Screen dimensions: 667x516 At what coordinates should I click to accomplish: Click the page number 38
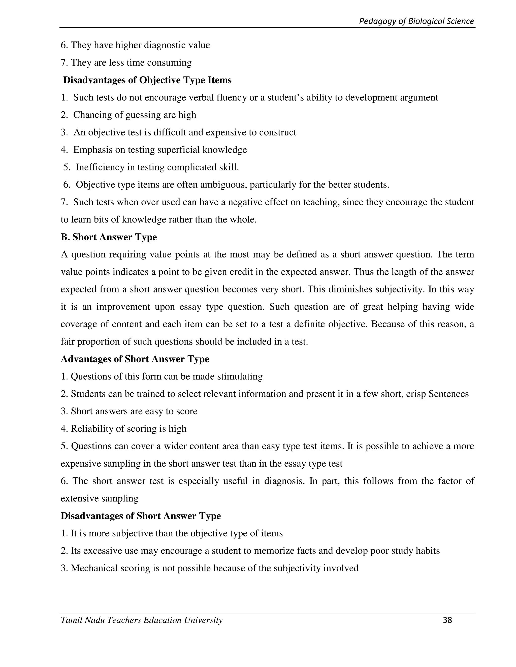click(447, 620)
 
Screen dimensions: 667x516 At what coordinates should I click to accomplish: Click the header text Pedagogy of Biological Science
click(416, 21)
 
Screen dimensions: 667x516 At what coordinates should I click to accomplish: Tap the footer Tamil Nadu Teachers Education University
click(142, 620)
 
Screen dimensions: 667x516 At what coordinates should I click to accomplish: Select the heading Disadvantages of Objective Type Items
click(147, 80)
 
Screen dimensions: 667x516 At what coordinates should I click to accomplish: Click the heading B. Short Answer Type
click(109, 237)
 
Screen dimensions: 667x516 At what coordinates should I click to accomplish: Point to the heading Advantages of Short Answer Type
click(135, 359)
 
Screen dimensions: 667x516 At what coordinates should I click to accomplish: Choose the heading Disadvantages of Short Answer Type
click(141, 516)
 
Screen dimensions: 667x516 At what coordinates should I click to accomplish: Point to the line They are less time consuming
click(126, 63)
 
